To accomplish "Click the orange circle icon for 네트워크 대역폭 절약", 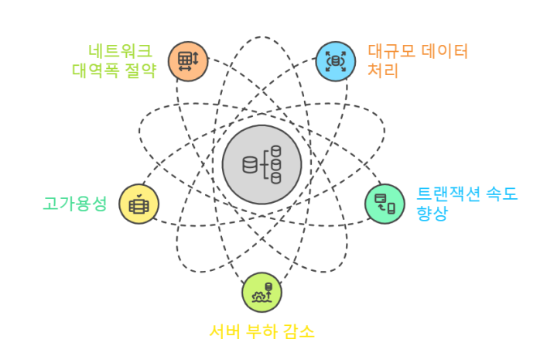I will (x=188, y=60).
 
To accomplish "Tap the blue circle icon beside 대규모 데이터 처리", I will (x=336, y=60).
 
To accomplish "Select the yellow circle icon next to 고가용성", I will (x=139, y=205).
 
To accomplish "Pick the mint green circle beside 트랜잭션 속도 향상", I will (x=385, y=204).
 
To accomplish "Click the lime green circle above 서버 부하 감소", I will (x=262, y=293).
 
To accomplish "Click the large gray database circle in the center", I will (x=262, y=164).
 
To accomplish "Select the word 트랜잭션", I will (x=446, y=194).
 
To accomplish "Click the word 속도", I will (x=500, y=194).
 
